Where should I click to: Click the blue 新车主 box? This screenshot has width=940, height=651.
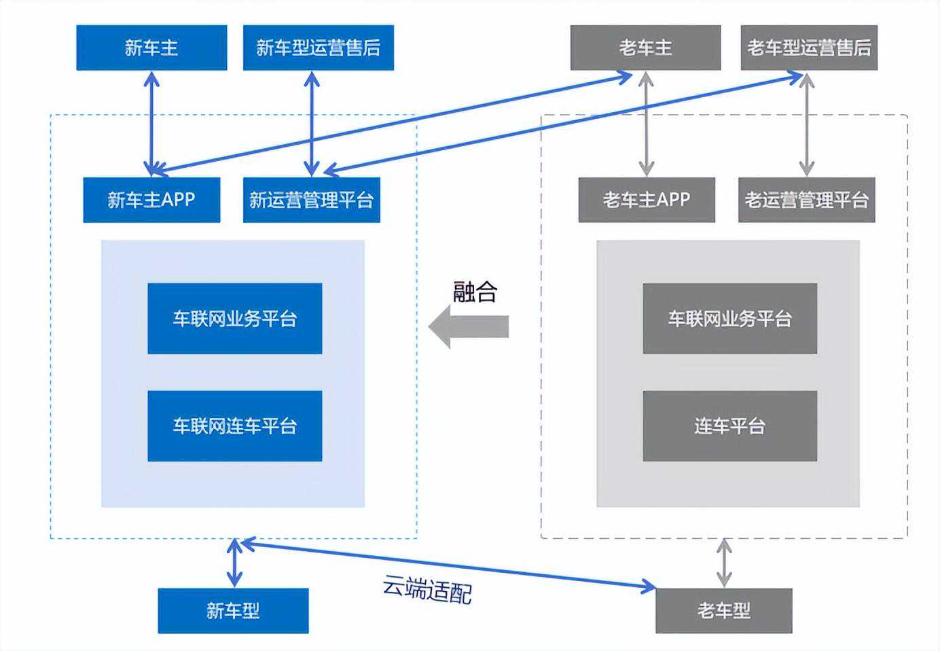tap(151, 48)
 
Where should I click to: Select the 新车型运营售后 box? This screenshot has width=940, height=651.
tap(318, 48)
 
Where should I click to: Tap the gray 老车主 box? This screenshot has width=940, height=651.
tap(645, 48)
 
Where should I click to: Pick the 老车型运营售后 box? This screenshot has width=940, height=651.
tap(809, 48)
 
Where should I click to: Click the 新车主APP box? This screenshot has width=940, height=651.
tap(151, 200)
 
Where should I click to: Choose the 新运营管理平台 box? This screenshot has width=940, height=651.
tap(311, 200)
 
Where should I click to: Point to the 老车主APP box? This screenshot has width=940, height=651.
tap(647, 200)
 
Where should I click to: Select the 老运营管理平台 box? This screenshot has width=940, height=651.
tap(806, 200)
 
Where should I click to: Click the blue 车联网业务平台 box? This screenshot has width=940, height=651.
tap(234, 319)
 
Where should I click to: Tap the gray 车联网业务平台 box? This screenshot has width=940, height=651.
tap(729, 319)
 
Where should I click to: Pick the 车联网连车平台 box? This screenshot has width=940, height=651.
tap(234, 426)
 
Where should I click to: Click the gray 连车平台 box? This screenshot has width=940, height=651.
tap(729, 426)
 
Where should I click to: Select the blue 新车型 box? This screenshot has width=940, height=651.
tap(233, 611)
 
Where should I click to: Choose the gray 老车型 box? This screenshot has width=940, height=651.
tap(723, 611)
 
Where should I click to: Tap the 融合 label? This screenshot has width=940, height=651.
tap(475, 292)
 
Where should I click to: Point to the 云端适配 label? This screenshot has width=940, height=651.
tap(427, 589)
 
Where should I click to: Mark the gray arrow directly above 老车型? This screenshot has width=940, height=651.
tap(724, 563)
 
